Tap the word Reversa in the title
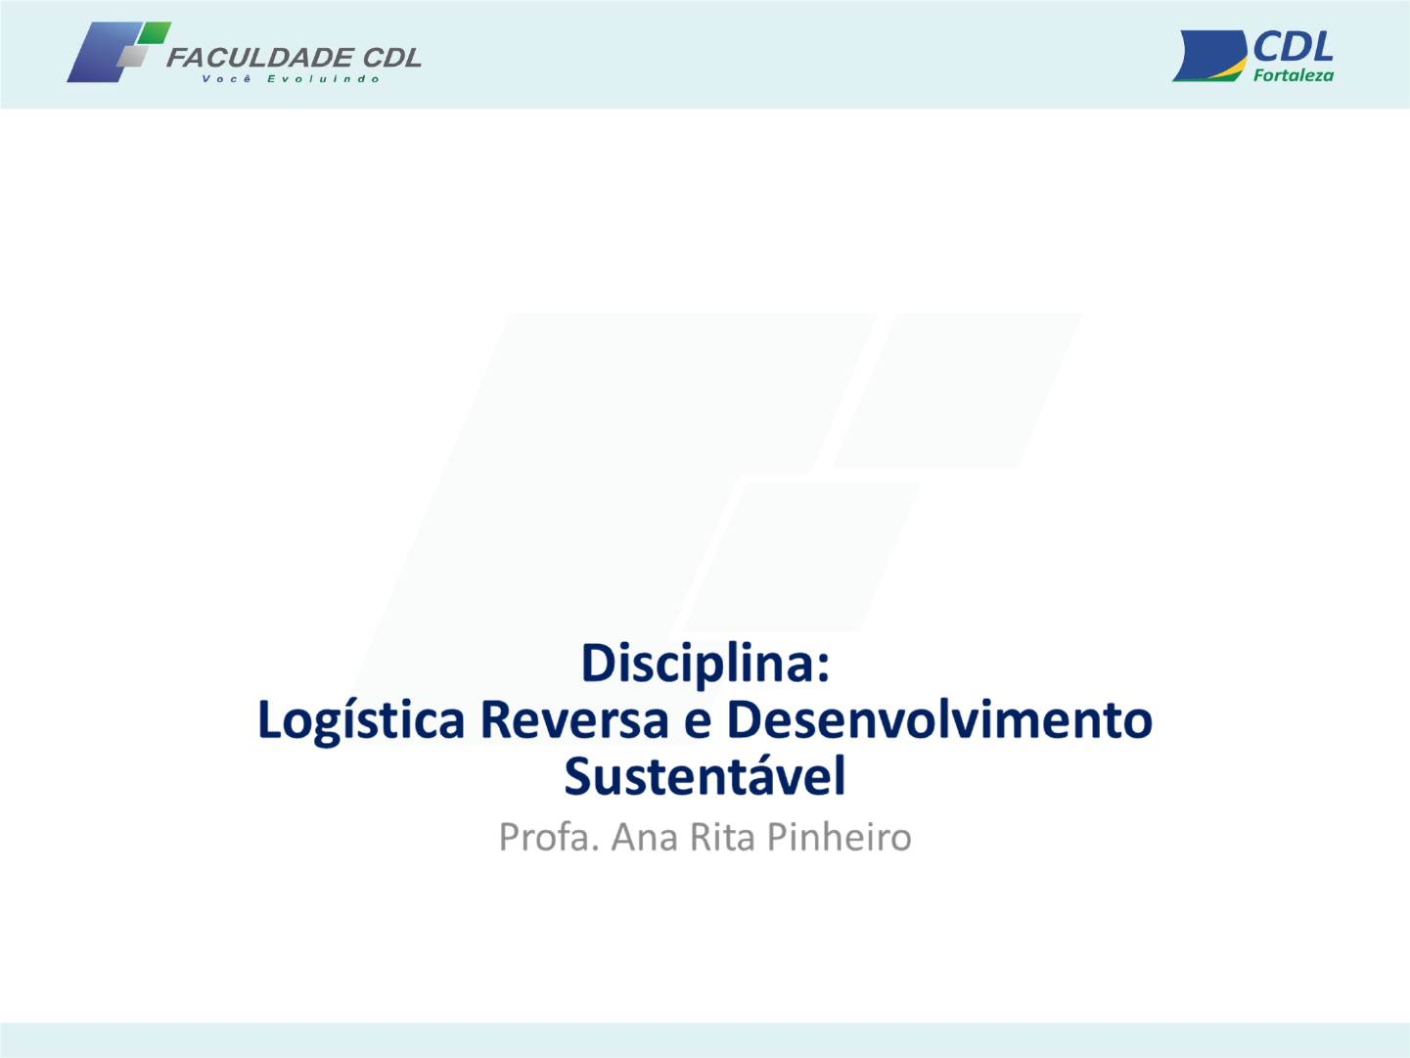pyautogui.click(x=575, y=719)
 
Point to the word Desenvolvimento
pyautogui.click(x=939, y=719)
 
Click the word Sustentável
pyautogui.click(x=705, y=775)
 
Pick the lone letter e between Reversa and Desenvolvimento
pyautogui.click(x=698, y=723)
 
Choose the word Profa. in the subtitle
pyautogui.click(x=549, y=837)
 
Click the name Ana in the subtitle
pyautogui.click(x=644, y=838)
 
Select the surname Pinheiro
pyautogui.click(x=840, y=838)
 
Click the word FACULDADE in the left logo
pyautogui.click(x=259, y=58)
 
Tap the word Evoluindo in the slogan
pyautogui.click(x=324, y=79)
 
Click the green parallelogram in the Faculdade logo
pyautogui.click(x=155, y=32)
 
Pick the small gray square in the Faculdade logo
pyautogui.click(x=133, y=57)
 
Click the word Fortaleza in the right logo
pyautogui.click(x=1294, y=75)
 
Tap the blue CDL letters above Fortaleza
pyautogui.click(x=1293, y=47)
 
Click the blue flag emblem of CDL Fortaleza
pyautogui.click(x=1209, y=56)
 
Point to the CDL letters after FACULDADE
pyautogui.click(x=391, y=58)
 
